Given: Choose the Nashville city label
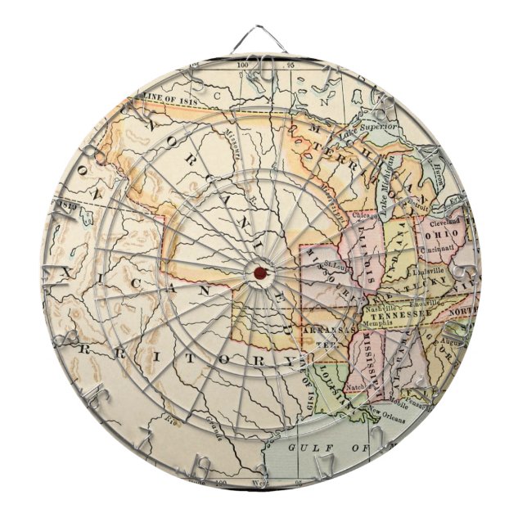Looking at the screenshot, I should (383, 304).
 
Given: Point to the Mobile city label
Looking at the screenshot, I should (399, 403).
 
